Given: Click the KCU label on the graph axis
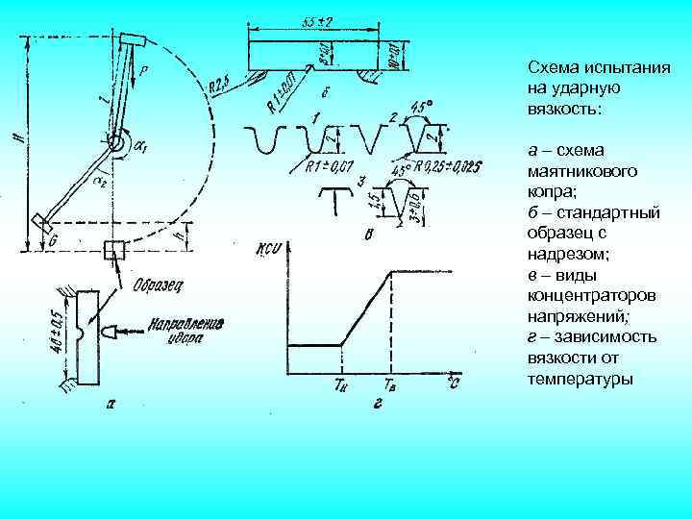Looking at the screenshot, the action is tap(266, 252).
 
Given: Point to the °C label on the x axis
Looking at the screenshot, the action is tap(452, 383).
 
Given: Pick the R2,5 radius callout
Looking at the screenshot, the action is tap(218, 86).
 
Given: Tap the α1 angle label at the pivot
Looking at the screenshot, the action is tap(141, 147).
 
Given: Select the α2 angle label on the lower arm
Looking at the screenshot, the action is tap(100, 179).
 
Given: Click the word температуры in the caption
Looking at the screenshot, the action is tap(581, 379).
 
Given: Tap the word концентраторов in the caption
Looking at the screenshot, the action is tap(586, 296).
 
